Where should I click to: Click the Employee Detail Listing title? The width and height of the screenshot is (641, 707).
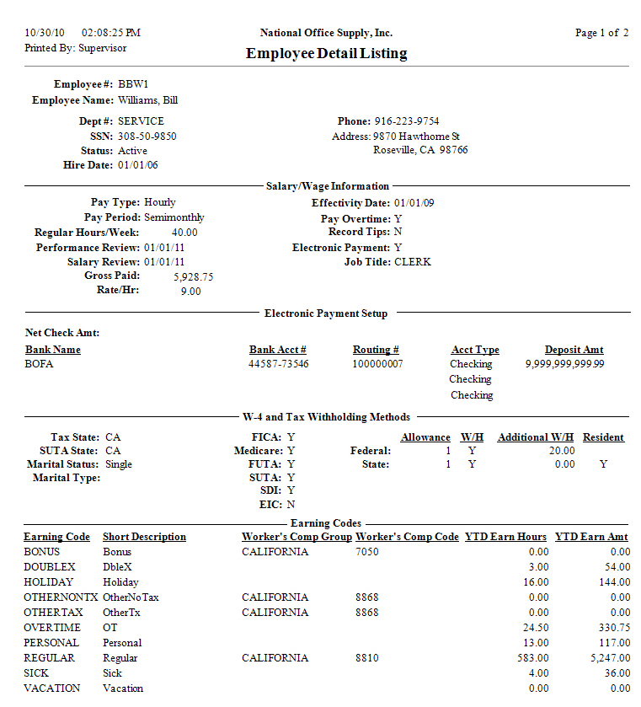click(x=326, y=54)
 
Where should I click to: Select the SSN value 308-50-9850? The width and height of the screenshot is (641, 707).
click(x=147, y=136)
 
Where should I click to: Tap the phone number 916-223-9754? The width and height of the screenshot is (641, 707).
click(x=406, y=121)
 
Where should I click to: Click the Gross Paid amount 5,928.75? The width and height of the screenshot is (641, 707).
click(x=193, y=276)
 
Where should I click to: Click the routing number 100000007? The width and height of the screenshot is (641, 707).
click(x=377, y=364)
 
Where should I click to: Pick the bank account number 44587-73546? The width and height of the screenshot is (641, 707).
click(x=278, y=364)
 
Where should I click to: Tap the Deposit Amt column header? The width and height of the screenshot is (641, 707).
click(x=574, y=350)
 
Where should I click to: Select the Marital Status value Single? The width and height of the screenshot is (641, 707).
click(x=119, y=464)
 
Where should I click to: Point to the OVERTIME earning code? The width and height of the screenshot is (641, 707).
click(x=52, y=628)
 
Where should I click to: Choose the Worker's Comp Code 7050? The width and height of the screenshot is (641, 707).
click(x=367, y=552)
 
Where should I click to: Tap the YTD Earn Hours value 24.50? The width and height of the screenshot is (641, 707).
click(x=535, y=628)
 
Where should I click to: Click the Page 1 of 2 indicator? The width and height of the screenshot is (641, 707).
click(x=601, y=33)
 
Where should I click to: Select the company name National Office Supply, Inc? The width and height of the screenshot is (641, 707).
click(x=326, y=33)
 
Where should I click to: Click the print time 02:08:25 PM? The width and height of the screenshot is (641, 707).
click(x=111, y=33)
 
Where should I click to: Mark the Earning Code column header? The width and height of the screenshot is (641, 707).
click(x=56, y=537)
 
